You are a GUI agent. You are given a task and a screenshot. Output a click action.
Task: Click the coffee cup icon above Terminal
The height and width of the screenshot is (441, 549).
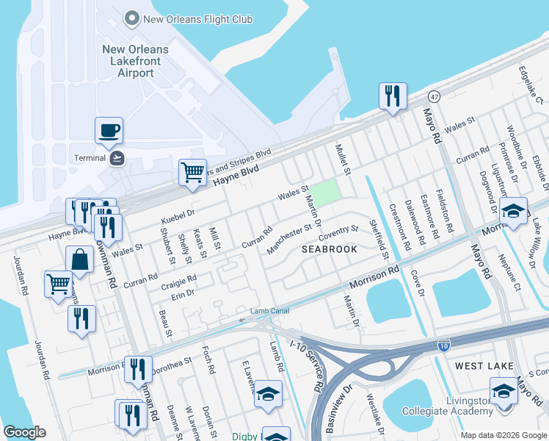pos(109,131)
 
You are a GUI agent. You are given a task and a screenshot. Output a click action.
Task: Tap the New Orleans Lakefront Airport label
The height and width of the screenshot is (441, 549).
pos(135,62)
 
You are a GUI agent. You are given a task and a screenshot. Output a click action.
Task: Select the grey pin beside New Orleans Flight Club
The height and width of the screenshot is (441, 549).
pos(132,18)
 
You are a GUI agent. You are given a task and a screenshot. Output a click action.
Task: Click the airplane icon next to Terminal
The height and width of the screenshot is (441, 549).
pos(117,157)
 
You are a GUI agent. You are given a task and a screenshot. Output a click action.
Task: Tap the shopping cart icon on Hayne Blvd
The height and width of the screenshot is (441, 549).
pos(192,173)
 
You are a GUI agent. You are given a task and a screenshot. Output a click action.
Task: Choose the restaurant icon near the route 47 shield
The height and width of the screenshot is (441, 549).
pos(392,96)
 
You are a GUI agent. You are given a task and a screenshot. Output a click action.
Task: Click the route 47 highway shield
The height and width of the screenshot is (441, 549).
pos(435,96)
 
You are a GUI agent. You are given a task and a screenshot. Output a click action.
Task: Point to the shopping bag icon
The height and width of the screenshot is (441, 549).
pos(79,260)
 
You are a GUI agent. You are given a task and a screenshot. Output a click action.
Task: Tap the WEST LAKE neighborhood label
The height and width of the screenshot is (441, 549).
pos(481,365)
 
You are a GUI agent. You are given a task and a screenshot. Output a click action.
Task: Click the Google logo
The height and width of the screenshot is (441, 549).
pos(24,431)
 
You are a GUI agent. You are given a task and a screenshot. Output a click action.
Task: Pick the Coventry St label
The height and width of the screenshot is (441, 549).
pos(338,234)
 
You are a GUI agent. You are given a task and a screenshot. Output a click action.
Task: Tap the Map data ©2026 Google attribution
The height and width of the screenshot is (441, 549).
pos(503,435)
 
